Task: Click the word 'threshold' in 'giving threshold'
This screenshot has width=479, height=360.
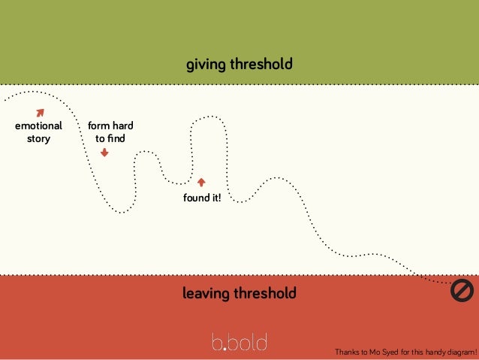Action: click(263, 65)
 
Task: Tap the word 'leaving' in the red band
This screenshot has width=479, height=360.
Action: click(206, 293)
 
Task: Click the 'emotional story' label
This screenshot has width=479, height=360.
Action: click(38, 132)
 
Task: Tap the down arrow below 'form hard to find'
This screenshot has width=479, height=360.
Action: click(104, 152)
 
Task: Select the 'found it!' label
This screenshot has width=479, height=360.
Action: click(202, 198)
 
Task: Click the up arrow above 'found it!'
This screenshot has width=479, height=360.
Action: click(200, 182)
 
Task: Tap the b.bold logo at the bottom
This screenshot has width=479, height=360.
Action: click(239, 342)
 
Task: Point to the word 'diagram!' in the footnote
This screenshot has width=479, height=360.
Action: click(459, 351)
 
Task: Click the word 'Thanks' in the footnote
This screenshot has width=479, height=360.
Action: click(347, 351)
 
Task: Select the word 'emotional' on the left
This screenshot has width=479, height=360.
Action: click(38, 126)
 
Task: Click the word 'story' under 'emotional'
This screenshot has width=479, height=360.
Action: click(38, 138)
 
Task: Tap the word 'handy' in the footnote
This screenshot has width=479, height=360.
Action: click(429, 351)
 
